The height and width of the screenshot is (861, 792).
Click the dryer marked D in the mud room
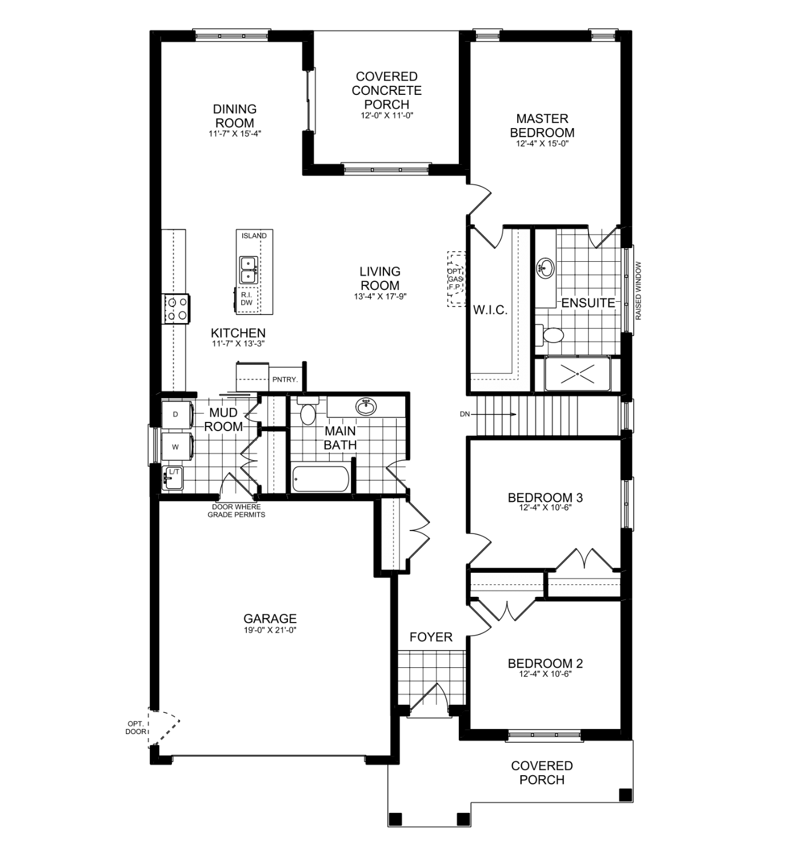click(x=175, y=414)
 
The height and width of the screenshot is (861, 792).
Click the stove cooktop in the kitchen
click(x=177, y=308)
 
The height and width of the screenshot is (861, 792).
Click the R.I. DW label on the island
click(x=247, y=299)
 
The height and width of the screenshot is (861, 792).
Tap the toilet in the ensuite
click(x=550, y=334)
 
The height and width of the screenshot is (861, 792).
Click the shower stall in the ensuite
click(x=577, y=374)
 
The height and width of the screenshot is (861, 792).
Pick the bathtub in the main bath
click(x=320, y=479)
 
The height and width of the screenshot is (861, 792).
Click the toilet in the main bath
click(x=307, y=412)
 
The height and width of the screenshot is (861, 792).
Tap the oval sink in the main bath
click(x=366, y=406)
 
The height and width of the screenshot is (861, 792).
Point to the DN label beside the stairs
click(x=463, y=414)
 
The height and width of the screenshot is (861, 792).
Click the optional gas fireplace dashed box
click(x=457, y=278)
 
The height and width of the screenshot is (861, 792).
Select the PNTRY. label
click(x=284, y=379)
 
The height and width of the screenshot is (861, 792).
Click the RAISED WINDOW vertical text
click(x=638, y=290)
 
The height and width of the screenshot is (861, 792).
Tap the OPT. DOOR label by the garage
click(x=137, y=727)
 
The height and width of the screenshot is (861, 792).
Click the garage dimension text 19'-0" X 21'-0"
click(x=270, y=630)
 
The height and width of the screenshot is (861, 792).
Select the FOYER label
click(x=431, y=637)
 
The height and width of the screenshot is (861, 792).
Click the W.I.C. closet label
click(x=490, y=310)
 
